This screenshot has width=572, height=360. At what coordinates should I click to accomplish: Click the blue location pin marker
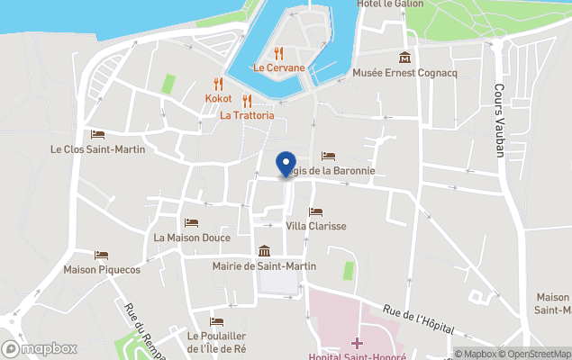point(286,165)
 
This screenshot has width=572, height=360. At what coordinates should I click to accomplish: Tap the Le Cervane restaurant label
point(278,67)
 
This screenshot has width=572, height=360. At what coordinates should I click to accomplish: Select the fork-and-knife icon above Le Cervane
point(278,53)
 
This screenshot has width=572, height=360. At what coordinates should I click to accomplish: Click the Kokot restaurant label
point(218,98)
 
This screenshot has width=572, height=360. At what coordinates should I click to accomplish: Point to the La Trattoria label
point(247,115)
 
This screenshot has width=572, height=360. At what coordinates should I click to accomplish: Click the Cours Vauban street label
point(499,121)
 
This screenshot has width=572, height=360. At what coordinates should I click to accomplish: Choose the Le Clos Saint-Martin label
point(97,149)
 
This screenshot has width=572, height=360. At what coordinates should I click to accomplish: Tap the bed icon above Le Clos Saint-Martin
point(97,135)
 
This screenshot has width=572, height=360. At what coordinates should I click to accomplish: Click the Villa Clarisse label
point(315,226)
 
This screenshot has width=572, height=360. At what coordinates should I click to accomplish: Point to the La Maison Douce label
point(192,238)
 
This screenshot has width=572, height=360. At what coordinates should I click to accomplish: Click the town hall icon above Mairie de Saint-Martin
point(265,251)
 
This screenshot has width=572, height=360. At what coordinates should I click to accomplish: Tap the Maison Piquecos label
point(102,269)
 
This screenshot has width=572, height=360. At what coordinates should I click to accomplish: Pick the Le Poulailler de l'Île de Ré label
point(216,342)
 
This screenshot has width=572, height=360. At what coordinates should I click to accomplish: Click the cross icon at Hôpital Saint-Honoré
point(357,343)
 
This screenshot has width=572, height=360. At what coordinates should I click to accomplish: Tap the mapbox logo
point(40,348)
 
